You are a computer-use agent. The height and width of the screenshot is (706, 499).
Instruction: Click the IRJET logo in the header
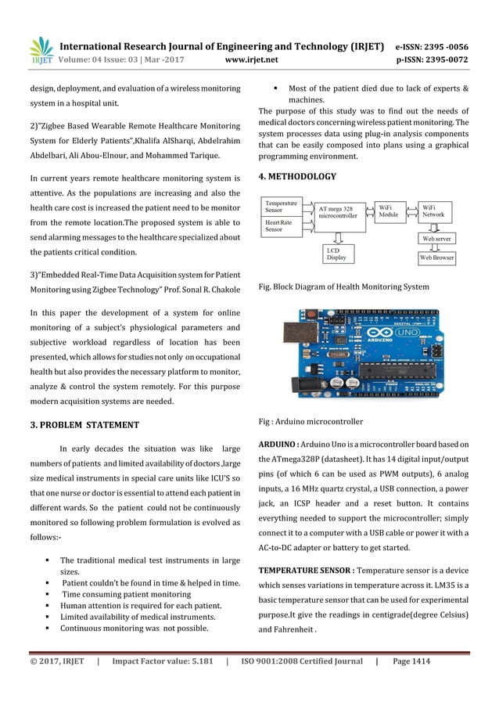[x=41, y=50]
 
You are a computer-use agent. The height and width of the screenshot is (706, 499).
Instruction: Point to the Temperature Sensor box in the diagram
[x=281, y=207]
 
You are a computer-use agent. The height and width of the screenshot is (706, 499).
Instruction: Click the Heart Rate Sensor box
[x=281, y=226]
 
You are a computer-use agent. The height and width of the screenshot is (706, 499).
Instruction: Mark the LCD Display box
[x=337, y=252]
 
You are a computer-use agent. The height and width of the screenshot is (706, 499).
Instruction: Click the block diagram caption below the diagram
[x=343, y=287]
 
